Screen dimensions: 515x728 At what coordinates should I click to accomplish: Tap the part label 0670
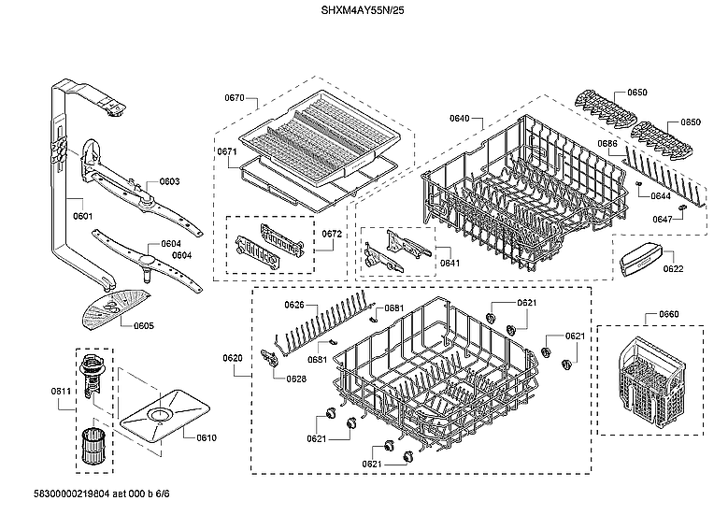[x=235, y=98]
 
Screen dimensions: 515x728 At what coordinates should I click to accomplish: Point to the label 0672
[x=332, y=233]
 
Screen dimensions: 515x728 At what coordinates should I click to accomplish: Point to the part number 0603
[x=169, y=181]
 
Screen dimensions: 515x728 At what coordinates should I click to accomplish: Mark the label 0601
[x=82, y=216]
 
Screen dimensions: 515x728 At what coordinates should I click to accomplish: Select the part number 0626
[x=295, y=305]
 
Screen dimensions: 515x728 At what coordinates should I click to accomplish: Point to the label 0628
[x=296, y=379]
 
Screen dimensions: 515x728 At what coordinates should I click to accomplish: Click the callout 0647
[x=662, y=219]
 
